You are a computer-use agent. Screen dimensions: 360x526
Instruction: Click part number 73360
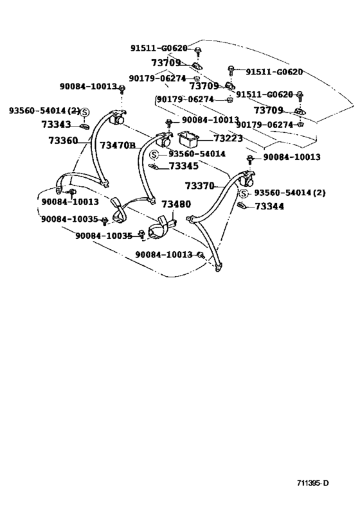pyautogui.click(x=63, y=140)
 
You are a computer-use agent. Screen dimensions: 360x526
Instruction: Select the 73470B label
pyautogui.click(x=118, y=145)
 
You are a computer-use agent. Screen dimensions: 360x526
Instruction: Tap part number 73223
pyautogui.click(x=228, y=138)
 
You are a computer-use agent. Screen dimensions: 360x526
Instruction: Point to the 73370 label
pyautogui.click(x=199, y=186)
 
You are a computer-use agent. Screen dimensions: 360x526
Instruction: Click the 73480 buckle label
pyautogui.click(x=176, y=204)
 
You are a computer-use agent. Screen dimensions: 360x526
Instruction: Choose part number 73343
pyautogui.click(x=57, y=125)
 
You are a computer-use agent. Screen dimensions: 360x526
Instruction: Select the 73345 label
pyautogui.click(x=184, y=166)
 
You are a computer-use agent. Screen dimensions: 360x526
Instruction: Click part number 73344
pyautogui.click(x=269, y=206)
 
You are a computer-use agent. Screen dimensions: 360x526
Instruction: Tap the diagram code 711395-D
pyautogui.click(x=312, y=483)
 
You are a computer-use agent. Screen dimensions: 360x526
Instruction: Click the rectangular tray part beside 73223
pyautogui.click(x=189, y=139)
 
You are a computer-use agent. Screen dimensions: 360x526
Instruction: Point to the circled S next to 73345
pyautogui.click(x=154, y=155)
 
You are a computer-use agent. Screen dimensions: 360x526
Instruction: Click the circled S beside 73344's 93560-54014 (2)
pyautogui.click(x=244, y=193)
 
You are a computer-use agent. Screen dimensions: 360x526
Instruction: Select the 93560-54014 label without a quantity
pyautogui.click(x=197, y=153)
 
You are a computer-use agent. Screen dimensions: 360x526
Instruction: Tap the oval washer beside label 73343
pyautogui.click(x=85, y=126)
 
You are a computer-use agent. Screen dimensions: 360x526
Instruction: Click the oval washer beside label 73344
pyautogui.click(x=242, y=205)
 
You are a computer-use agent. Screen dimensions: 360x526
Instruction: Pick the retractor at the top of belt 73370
pyautogui.click(x=248, y=179)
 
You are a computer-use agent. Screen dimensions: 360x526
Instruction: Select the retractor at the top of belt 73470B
pyautogui.click(x=164, y=139)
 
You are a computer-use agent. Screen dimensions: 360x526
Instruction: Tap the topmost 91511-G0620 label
pyautogui.click(x=159, y=48)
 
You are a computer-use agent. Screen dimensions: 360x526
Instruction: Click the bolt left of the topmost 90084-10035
pyautogui.click(x=104, y=220)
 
